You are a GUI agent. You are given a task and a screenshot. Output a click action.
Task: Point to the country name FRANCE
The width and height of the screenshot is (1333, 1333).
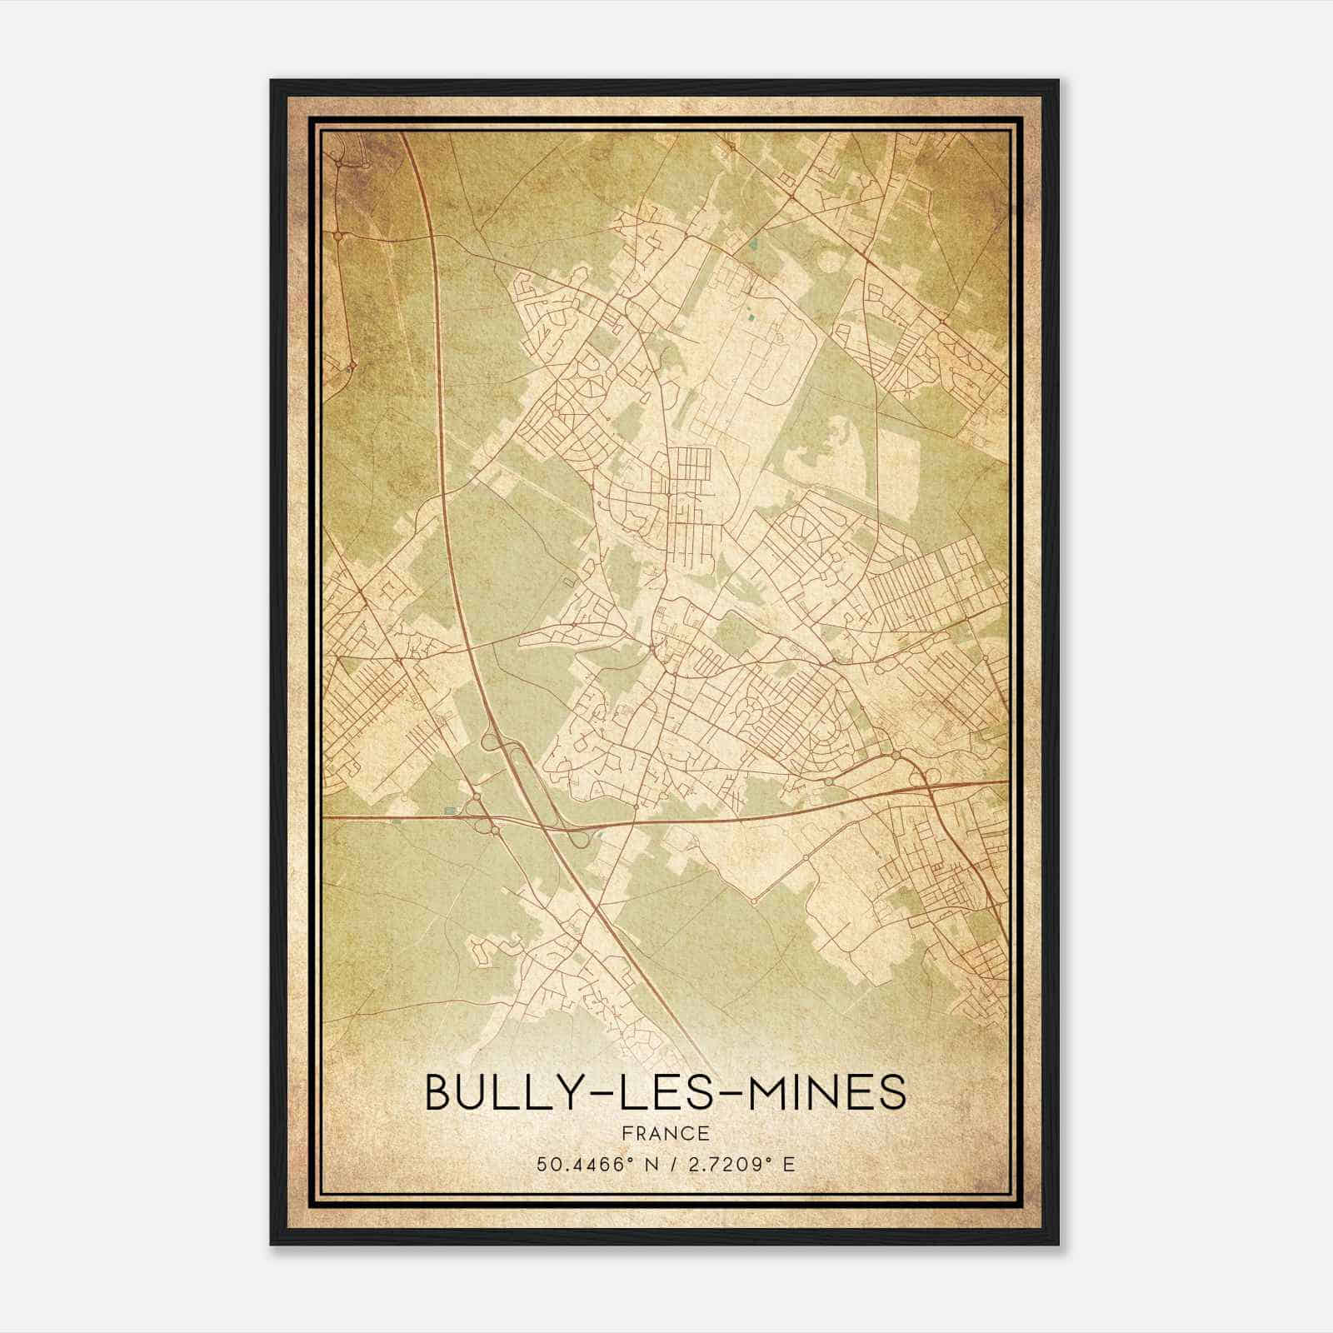[665, 1133]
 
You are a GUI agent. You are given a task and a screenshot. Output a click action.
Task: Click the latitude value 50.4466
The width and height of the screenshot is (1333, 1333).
[580, 1164]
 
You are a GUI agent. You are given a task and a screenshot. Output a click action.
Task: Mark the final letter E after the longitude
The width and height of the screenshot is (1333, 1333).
[789, 1164]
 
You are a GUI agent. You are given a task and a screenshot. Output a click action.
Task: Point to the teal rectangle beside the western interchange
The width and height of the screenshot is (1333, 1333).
[451, 810]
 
